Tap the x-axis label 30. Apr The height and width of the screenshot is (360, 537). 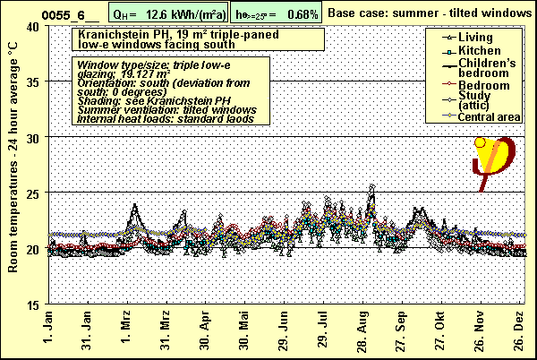205,331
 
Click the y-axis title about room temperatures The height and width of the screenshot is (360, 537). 12,166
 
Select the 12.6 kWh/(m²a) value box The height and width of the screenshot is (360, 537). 168,13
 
